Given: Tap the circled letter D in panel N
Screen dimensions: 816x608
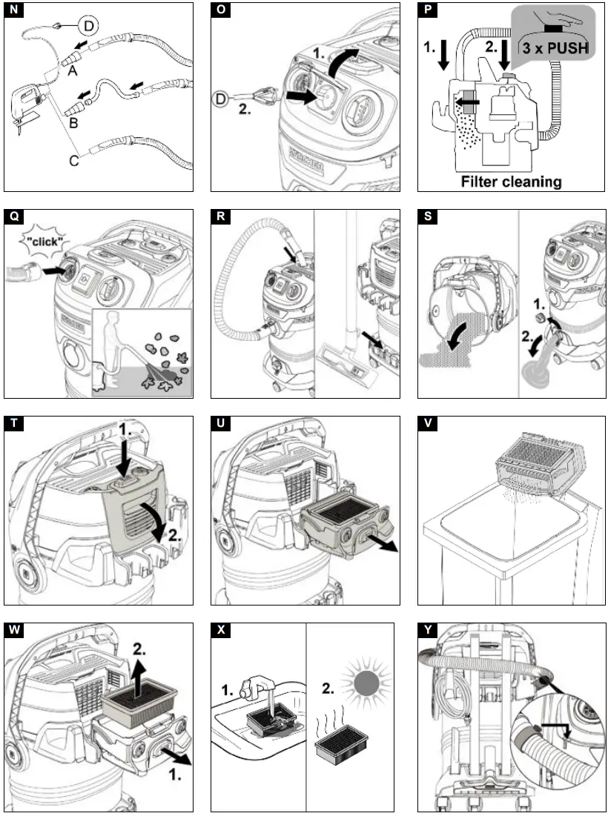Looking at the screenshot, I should coord(88,27).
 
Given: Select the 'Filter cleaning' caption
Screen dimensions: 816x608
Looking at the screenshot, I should coord(511,181).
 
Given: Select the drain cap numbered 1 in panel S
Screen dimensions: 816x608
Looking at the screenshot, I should coord(541,317).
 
